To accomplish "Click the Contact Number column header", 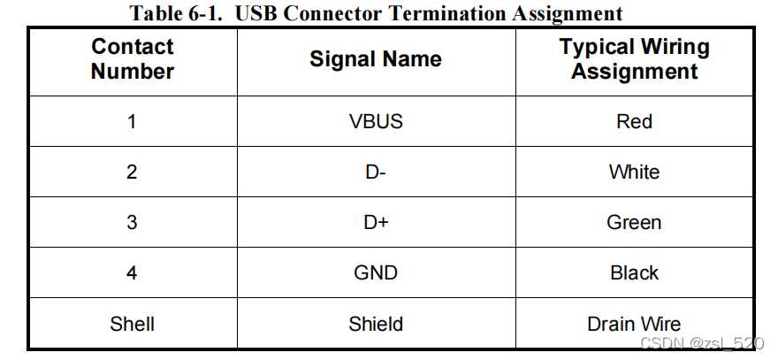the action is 133,59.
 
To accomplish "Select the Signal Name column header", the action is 376,59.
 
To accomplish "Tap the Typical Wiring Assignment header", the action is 634,59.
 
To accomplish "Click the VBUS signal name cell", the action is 376,121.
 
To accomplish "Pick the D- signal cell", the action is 376,172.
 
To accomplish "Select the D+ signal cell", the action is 376,222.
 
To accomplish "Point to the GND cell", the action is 376,273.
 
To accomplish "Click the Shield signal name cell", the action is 376,324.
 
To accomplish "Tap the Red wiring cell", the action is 634,121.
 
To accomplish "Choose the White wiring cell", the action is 634,172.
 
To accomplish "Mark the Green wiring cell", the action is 634,222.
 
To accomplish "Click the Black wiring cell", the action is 634,273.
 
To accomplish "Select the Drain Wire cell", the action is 634,324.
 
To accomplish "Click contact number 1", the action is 132,121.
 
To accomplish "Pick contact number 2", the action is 132,172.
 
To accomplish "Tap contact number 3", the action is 132,222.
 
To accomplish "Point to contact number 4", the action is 132,273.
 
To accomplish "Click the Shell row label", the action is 133,324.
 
